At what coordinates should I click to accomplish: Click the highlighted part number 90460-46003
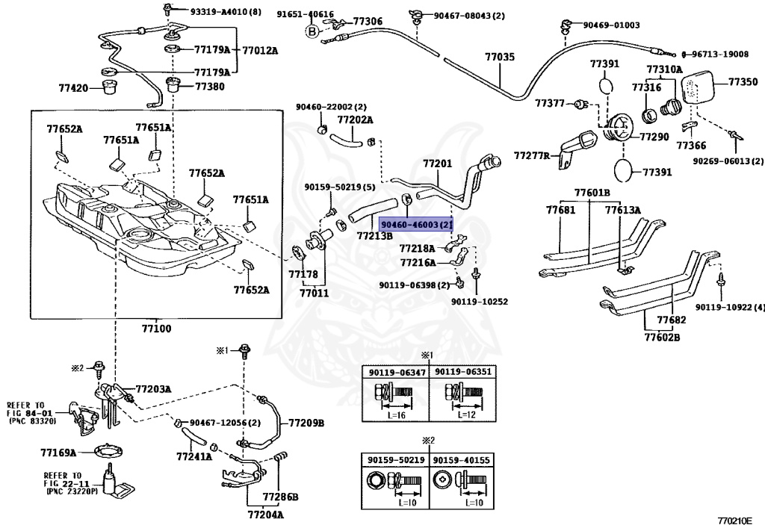[x=416, y=225]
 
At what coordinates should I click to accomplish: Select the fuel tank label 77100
[x=157, y=329]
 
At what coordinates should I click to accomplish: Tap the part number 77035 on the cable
[x=500, y=58]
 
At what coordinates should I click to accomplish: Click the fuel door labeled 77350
[x=698, y=87]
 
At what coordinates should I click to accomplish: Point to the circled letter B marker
[x=312, y=31]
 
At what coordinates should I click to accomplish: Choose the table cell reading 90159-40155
[x=462, y=460]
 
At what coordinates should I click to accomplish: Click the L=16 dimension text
[x=397, y=415]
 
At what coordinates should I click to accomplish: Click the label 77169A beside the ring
[x=58, y=453]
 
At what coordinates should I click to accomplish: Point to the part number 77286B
[x=281, y=497]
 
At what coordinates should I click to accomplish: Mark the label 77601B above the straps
[x=592, y=193]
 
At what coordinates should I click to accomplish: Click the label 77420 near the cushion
[x=73, y=88]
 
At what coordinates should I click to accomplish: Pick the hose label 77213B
[x=375, y=236]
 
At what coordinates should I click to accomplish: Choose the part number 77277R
[x=532, y=156]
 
